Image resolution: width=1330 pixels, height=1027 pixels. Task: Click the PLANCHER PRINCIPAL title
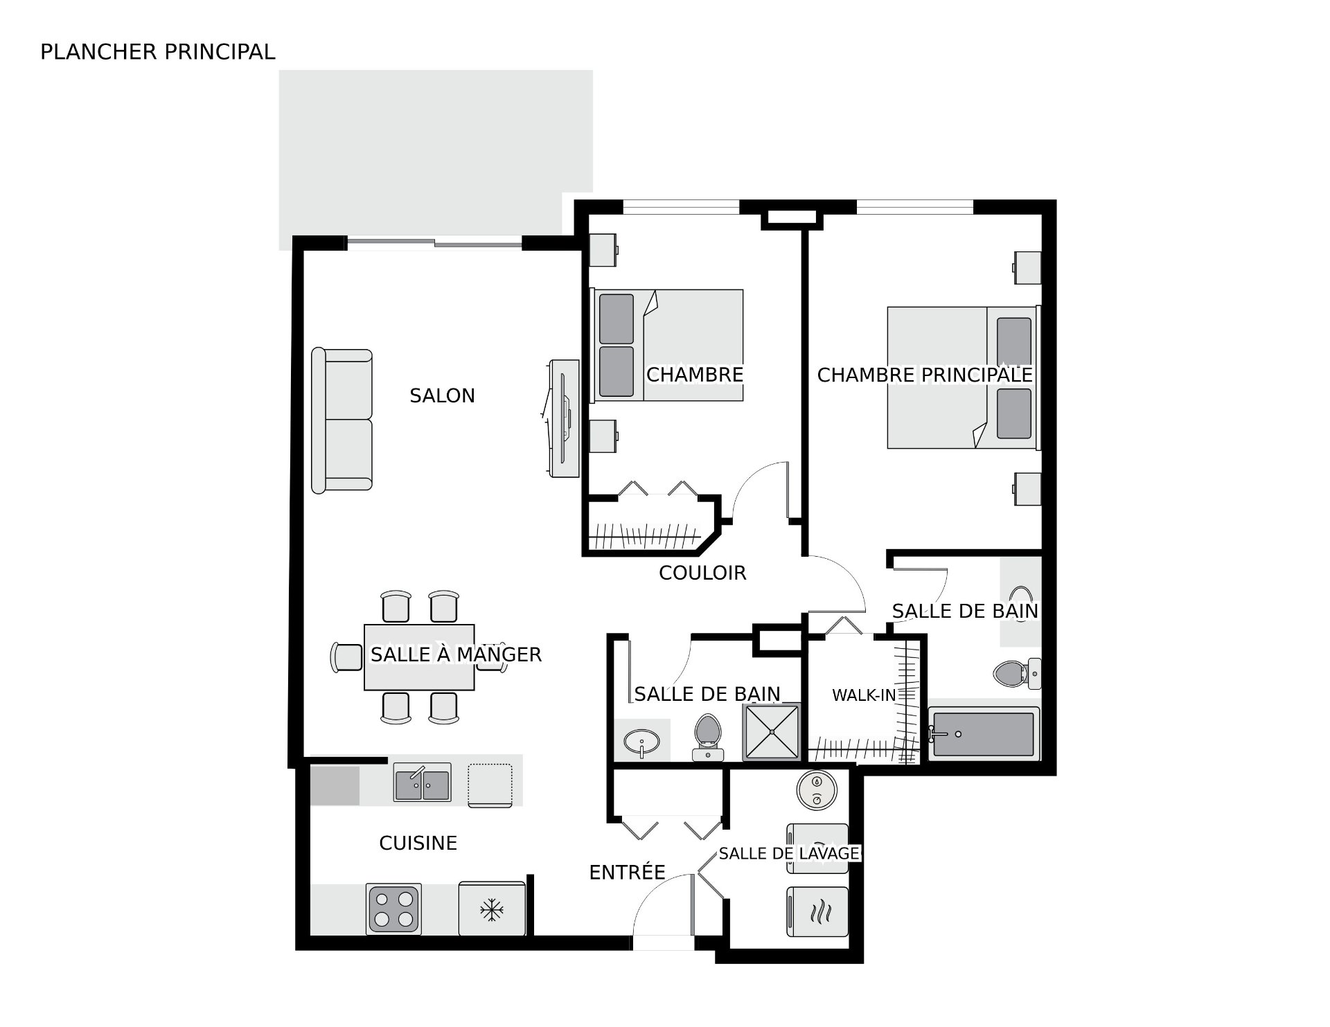(x=158, y=52)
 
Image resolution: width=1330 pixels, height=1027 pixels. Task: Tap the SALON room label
(x=442, y=396)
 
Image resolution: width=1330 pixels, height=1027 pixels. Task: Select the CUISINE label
(x=418, y=843)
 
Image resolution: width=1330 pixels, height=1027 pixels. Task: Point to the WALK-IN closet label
(x=864, y=695)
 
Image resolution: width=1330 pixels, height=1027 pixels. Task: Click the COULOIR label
(x=702, y=573)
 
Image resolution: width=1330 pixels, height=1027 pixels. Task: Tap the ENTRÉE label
(x=627, y=873)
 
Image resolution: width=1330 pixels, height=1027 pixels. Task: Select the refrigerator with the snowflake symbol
(x=492, y=908)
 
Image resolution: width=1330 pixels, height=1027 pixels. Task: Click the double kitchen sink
(x=422, y=782)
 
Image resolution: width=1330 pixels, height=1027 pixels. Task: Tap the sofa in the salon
(x=342, y=421)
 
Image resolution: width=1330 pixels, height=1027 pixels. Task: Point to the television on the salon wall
(x=561, y=418)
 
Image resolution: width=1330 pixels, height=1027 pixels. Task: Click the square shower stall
(x=772, y=732)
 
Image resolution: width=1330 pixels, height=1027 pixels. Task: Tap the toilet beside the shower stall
(x=708, y=737)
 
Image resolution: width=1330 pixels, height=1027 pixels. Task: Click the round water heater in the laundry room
(x=817, y=790)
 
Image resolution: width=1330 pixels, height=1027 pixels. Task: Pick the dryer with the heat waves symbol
(x=817, y=912)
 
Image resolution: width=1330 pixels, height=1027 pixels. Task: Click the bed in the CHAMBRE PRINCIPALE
(x=964, y=377)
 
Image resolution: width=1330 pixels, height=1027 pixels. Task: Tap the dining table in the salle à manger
(x=419, y=657)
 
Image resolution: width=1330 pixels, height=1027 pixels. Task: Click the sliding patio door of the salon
(x=434, y=242)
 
